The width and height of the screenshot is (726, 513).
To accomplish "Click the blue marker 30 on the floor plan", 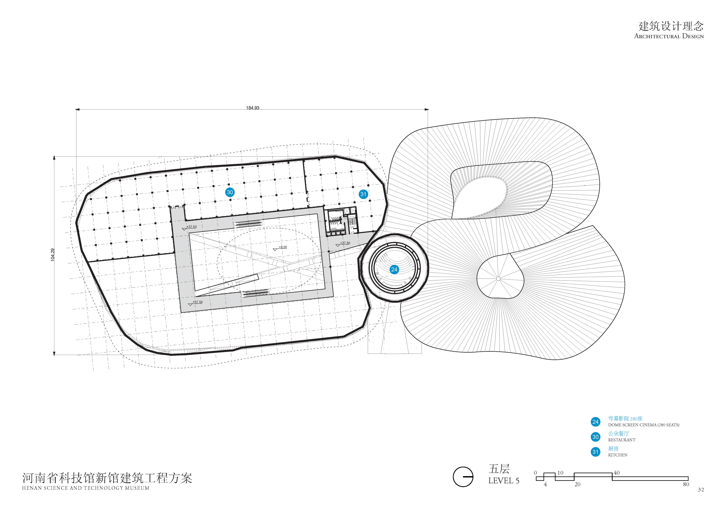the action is coord(230,192).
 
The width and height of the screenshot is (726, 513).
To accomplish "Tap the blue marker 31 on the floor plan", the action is coord(363,194).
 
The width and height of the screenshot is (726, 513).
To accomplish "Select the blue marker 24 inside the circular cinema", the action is coord(394,270).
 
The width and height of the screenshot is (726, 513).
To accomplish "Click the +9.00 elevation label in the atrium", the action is coord(283,247).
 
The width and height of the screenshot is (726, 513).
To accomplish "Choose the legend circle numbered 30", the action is coord(595,437).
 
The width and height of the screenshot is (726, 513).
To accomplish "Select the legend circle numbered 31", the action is coord(595,452).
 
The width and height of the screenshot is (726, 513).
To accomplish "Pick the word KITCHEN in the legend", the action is coord(618,455).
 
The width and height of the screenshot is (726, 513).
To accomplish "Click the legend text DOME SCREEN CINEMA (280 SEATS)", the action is coord(643,425).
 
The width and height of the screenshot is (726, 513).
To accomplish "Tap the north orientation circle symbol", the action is coord(463,477).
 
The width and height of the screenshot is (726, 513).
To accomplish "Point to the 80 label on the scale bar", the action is coord(686,484).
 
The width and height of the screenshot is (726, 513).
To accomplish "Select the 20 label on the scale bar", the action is coord(577,484).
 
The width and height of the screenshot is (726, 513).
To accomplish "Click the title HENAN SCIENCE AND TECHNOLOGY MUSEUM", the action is coord(85,488).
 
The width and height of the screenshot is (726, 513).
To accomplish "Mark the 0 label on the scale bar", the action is coord(535,473).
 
